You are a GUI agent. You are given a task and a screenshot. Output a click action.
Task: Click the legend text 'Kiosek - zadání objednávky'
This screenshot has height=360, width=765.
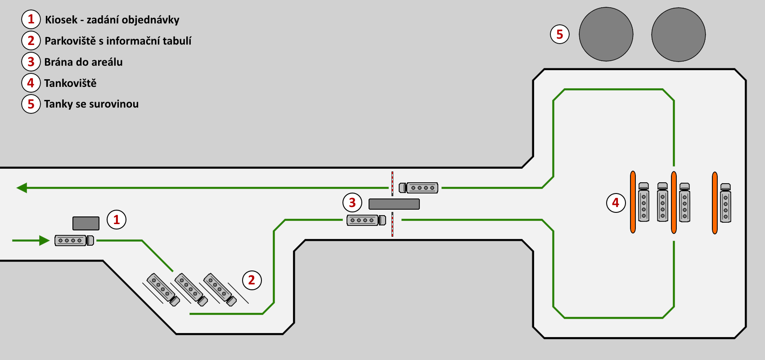(112, 20)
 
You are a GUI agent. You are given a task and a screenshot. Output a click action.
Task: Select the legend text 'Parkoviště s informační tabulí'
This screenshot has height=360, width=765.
(118, 41)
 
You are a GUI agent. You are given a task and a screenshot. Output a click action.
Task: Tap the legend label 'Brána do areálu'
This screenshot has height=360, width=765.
(83, 62)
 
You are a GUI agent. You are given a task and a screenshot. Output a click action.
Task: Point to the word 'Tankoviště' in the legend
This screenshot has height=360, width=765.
(70, 83)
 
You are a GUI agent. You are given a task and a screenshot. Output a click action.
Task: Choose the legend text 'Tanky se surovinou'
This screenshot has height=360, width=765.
(91, 104)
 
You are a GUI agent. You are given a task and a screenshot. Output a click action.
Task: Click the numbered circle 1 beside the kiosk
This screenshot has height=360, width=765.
(117, 220)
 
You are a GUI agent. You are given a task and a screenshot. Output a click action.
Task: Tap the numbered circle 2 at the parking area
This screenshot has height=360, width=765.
(252, 280)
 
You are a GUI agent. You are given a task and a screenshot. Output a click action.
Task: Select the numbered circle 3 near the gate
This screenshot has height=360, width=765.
(352, 202)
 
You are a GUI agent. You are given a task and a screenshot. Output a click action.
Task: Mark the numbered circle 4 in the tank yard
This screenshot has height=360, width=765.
(616, 203)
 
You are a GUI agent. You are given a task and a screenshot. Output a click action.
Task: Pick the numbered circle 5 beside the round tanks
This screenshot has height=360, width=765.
(560, 34)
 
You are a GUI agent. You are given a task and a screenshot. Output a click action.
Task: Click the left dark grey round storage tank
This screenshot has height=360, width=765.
(606, 34)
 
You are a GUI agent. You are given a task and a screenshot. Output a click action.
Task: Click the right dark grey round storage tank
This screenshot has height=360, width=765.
(679, 35)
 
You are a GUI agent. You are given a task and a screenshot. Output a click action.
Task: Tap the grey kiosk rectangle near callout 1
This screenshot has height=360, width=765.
(86, 223)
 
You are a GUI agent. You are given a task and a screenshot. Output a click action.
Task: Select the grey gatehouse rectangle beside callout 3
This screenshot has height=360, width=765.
(394, 204)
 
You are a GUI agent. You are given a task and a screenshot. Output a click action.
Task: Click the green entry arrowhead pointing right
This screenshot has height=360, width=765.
(45, 240)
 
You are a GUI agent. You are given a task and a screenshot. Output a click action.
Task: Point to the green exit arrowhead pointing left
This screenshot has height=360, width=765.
(22, 188)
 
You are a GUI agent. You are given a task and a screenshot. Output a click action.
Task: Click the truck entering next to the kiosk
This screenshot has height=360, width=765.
(74, 240)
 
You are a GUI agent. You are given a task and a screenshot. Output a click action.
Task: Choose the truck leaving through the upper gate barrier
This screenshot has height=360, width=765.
(418, 188)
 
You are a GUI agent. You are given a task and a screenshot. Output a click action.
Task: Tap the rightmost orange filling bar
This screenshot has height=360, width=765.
(715, 203)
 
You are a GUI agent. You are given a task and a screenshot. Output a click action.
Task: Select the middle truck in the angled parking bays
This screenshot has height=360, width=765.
(191, 290)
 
